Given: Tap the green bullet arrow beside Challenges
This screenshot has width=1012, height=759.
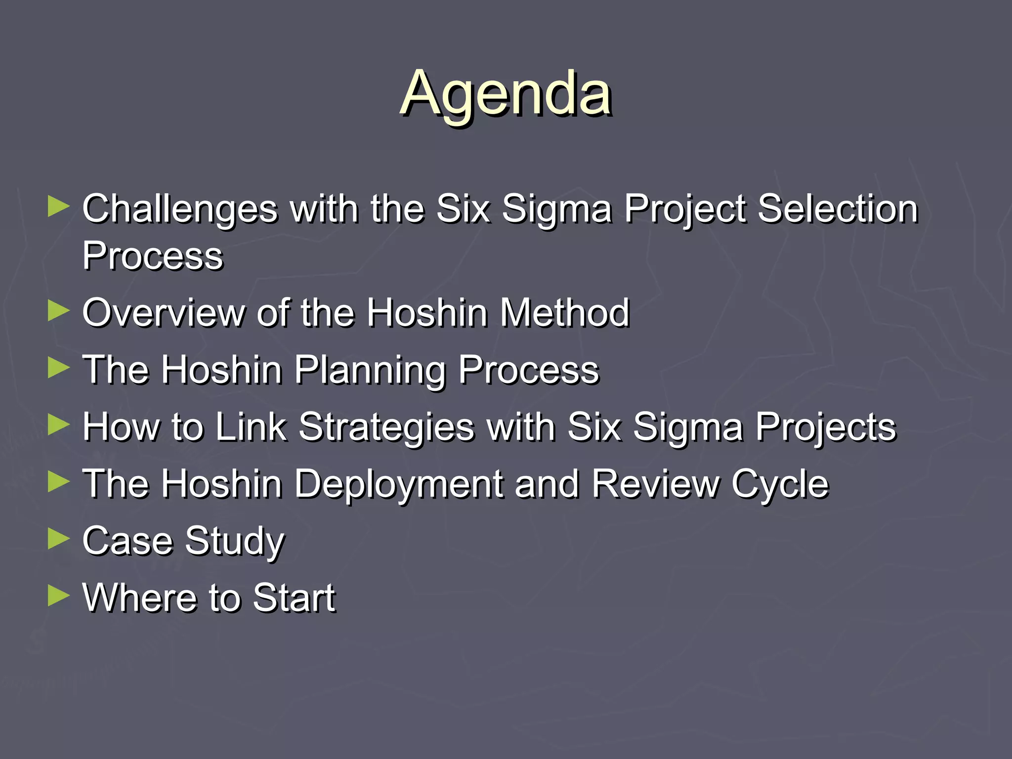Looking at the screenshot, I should [58, 207].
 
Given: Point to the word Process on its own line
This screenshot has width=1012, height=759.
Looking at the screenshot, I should [153, 256].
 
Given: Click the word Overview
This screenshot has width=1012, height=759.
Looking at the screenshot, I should [163, 313].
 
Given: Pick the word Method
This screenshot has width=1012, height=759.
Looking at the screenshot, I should [565, 313].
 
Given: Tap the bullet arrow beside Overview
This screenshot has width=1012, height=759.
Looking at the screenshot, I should [58, 311].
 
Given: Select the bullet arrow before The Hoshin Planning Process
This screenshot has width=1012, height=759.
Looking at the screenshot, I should [58, 368].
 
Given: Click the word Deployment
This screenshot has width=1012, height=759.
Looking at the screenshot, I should [398, 485].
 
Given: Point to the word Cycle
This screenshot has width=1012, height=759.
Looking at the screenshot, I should [779, 485].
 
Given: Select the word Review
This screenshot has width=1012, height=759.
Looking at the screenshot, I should [655, 484].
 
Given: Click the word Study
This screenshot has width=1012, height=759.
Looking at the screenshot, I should [235, 542].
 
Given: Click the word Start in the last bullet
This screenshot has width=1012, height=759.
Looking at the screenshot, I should [294, 598].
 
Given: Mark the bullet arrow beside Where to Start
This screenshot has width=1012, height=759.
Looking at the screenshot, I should [58, 596].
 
